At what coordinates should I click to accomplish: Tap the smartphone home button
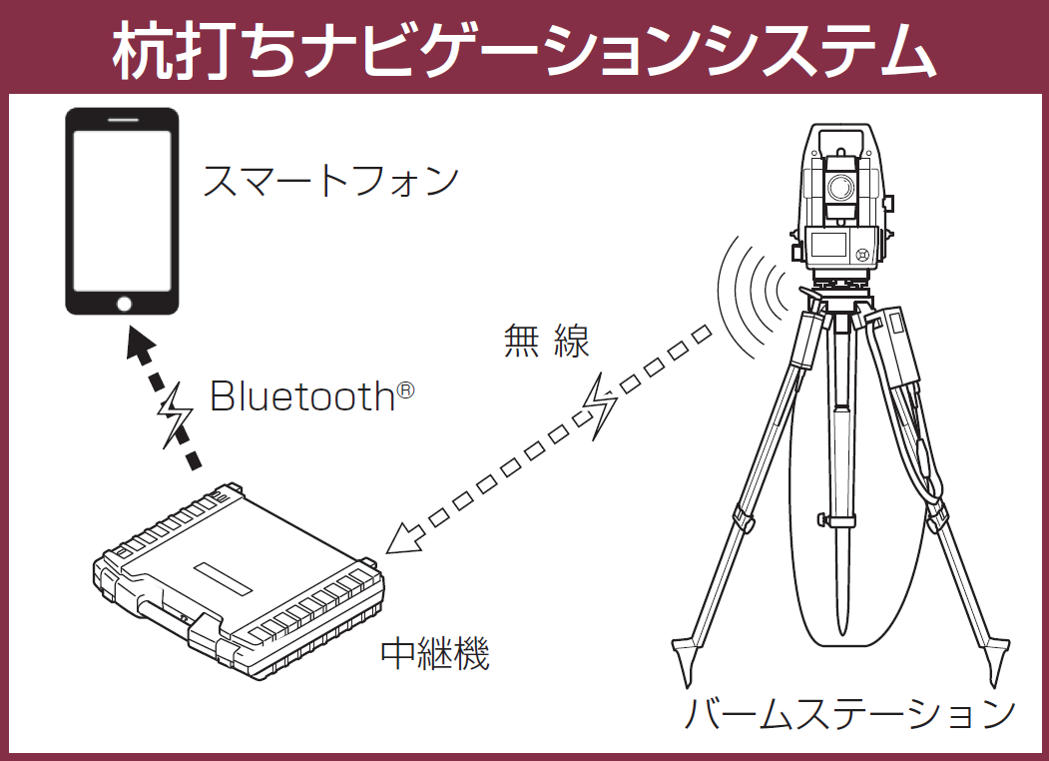coord(124,304)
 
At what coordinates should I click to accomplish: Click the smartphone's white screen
coord(123,211)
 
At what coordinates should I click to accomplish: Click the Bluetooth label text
coord(303,396)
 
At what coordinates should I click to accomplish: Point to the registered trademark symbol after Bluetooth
coord(405,389)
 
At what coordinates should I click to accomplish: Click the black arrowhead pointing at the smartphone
coord(141,343)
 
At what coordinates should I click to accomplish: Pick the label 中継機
coord(435,652)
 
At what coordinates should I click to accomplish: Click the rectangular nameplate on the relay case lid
coord(223,578)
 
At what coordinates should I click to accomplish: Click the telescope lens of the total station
coord(840,188)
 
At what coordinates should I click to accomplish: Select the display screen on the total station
coord(829,244)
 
